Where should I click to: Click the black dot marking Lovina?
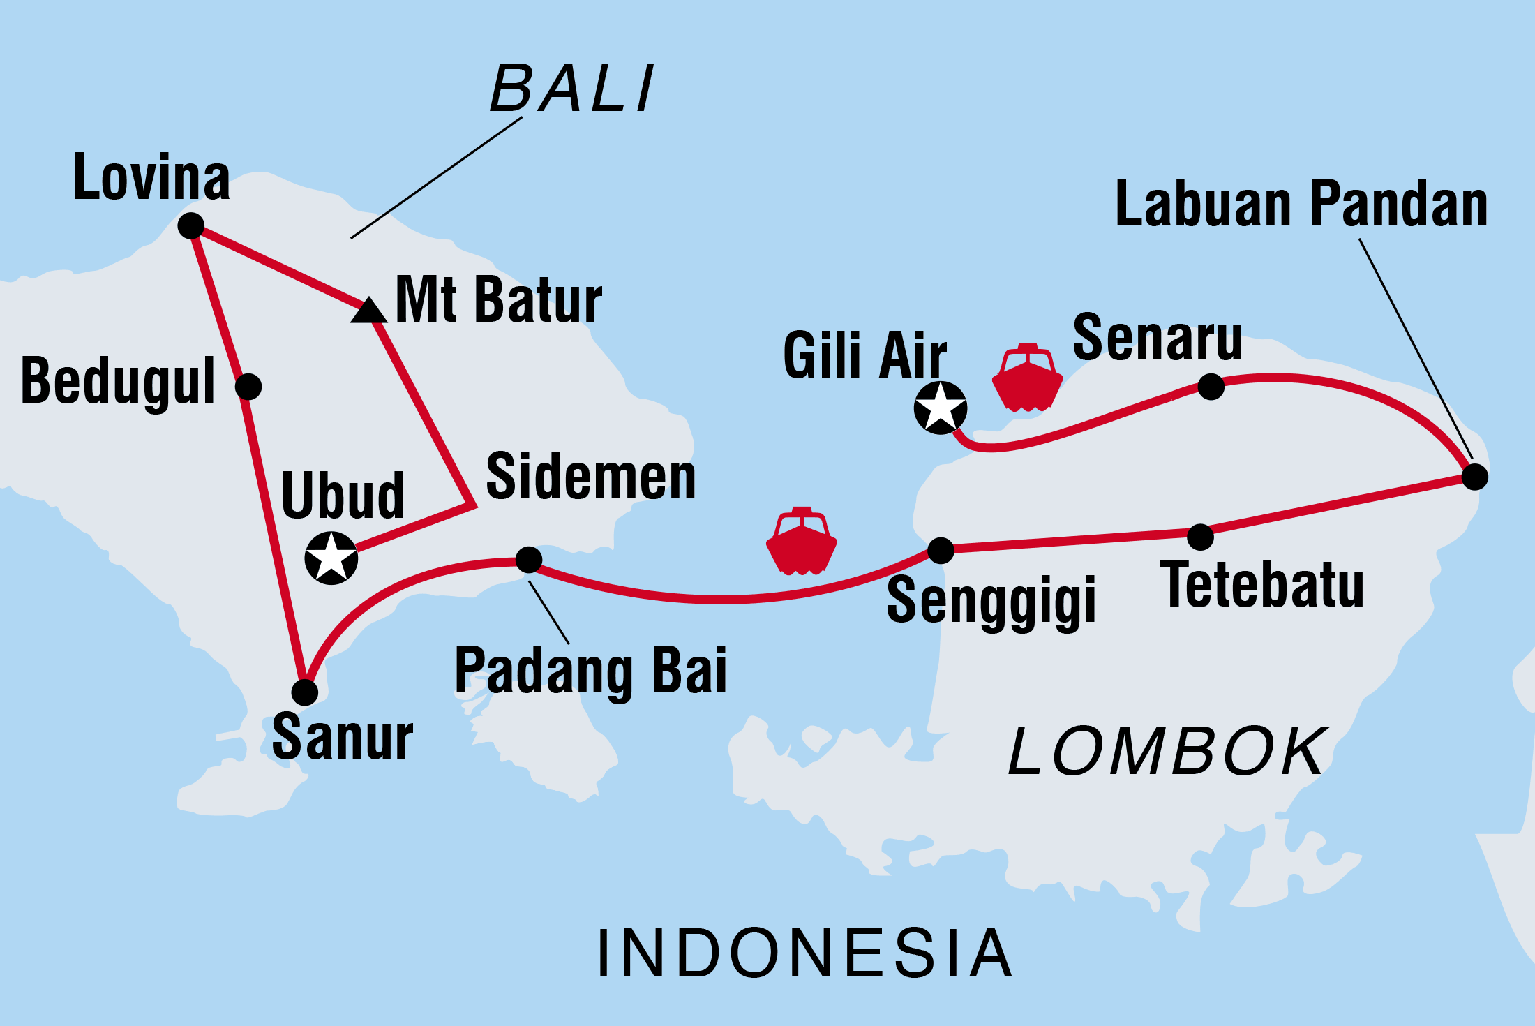pyautogui.click(x=190, y=225)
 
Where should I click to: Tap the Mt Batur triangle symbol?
pyautogui.click(x=368, y=311)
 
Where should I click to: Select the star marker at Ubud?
pyautogui.click(x=331, y=558)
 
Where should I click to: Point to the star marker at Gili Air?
pyautogui.click(x=941, y=408)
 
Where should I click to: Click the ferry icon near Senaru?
pyautogui.click(x=1027, y=378)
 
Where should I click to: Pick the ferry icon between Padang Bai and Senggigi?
pyautogui.click(x=802, y=542)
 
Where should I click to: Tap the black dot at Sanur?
pyautogui.click(x=304, y=692)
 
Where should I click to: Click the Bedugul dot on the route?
pyautogui.click(x=248, y=386)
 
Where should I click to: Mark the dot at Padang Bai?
pyautogui.click(x=529, y=559)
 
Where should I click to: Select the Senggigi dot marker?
pyautogui.click(x=941, y=551)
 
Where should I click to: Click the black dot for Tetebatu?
pyautogui.click(x=1200, y=537)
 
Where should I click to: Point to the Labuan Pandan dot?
pyautogui.click(x=1474, y=477)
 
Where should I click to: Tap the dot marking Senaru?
pyautogui.click(x=1211, y=386)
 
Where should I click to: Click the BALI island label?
pyautogui.click(x=572, y=89)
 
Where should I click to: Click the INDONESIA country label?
pyautogui.click(x=804, y=954)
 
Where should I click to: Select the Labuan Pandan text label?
pyautogui.click(x=1301, y=204)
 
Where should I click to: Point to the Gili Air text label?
pyautogui.click(x=864, y=356)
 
